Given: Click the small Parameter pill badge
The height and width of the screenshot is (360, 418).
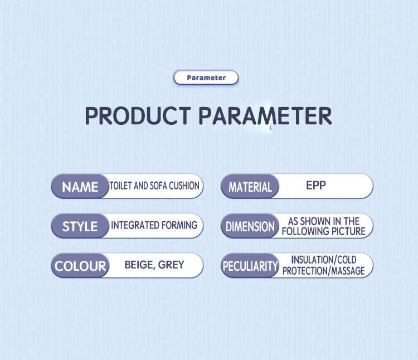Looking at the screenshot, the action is click(206, 77).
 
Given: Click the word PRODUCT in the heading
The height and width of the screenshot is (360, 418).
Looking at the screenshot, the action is click(138, 116).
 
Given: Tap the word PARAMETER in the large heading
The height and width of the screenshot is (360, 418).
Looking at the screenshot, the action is click(265, 116).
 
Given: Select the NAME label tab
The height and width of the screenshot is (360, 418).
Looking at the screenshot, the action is click(80, 186).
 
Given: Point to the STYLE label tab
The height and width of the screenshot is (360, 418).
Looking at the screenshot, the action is click(80, 226).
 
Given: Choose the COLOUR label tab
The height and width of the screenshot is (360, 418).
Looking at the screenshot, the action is click(80, 266).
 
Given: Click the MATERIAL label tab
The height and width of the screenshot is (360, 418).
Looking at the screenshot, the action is click(250, 186).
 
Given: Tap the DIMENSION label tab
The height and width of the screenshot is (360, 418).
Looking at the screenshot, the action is click(250, 226).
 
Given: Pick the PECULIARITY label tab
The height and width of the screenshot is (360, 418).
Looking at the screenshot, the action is click(250, 266).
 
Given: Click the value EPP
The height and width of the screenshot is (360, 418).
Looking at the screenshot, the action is click(316, 185).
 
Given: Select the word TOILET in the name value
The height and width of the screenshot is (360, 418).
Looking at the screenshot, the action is click(120, 186).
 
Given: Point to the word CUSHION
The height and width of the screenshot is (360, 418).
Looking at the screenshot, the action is click(184, 186).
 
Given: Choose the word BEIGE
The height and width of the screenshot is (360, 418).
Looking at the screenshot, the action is click(140, 265).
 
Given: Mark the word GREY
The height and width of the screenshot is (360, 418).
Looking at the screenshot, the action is click(171, 265).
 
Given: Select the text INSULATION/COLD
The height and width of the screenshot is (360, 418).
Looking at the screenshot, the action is click(324, 260).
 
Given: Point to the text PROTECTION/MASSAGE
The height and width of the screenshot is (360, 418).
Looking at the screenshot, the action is click(324, 271).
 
